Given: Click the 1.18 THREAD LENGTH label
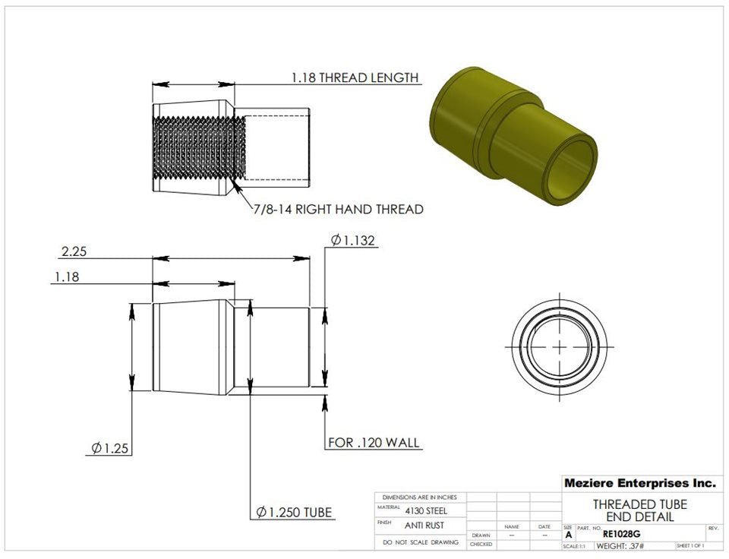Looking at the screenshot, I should tap(355, 77).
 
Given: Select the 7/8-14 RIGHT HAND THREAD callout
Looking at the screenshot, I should tap(338, 209).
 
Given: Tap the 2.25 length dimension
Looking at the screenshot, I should tap(74, 251).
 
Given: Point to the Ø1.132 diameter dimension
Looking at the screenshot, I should tap(353, 241).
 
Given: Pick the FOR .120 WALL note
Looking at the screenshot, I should tap(374, 443).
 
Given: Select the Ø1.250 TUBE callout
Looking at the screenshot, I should tap(295, 513).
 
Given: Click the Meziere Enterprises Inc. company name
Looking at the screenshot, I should tap(639, 483).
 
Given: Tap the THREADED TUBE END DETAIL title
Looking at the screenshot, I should tap(639, 510).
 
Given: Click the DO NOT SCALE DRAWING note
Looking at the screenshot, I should tap(421, 542).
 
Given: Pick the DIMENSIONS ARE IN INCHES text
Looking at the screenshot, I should tap(420, 497).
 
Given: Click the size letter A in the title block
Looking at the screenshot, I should tap(569, 535).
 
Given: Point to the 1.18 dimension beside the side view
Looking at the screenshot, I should tap(66, 278).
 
